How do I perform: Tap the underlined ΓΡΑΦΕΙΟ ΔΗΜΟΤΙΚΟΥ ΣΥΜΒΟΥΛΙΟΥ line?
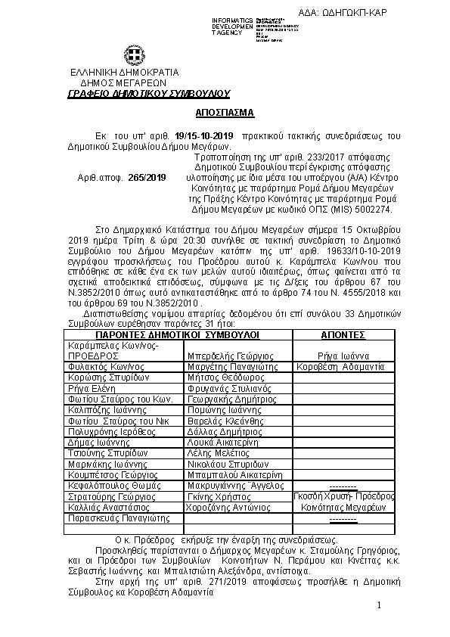coord(148,93)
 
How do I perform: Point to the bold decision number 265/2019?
coord(147,177)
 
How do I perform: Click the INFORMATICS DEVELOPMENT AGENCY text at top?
coord(232,26)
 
